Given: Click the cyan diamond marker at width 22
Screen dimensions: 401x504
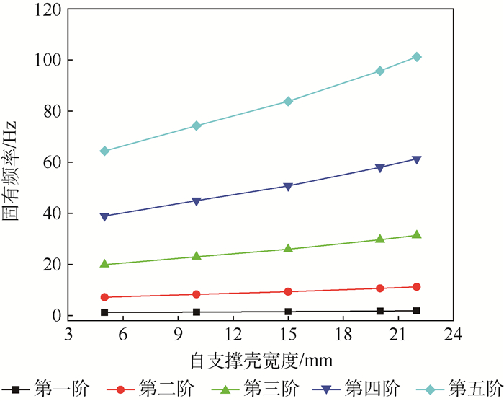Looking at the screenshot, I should pos(417,57).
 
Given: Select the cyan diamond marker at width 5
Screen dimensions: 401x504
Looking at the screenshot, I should pos(104,151).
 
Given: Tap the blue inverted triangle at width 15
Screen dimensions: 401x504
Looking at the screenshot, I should pos(288,186).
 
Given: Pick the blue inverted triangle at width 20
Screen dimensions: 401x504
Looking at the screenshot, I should pos(380,168).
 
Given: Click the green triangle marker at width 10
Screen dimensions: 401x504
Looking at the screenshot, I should pos(197,256).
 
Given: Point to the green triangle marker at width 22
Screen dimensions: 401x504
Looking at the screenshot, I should pos(417,234).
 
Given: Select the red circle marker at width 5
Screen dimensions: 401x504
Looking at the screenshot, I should pos(104,297).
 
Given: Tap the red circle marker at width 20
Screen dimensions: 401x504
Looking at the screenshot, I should pos(380,288).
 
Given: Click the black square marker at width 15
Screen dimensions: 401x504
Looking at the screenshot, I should pos(288,312).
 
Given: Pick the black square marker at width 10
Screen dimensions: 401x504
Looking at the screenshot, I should pos(197,312).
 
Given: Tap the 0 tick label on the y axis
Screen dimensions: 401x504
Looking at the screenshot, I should pos(55,316).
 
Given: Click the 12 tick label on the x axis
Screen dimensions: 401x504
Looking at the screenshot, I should pos(233,335).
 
